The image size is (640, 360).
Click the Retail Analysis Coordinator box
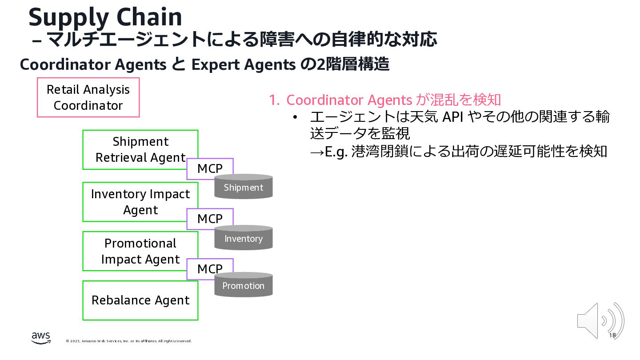88,97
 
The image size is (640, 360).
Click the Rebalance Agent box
140,300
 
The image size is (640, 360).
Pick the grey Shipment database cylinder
244,187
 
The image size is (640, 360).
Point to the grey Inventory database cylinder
244,239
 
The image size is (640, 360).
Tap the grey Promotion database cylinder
244,285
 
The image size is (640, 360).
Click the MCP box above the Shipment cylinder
210,168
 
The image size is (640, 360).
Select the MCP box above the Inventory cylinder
210,219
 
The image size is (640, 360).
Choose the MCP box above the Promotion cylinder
210,268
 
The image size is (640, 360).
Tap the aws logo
41,338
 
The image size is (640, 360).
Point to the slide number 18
612,335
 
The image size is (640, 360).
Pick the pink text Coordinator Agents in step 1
349,100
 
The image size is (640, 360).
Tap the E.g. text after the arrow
336,152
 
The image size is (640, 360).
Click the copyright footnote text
128,341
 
